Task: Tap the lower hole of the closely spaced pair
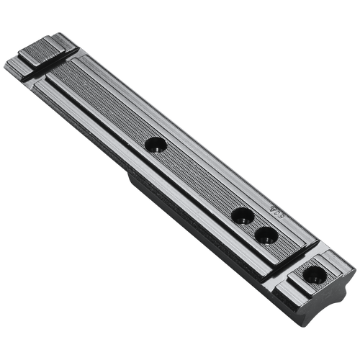tap(266, 234)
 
